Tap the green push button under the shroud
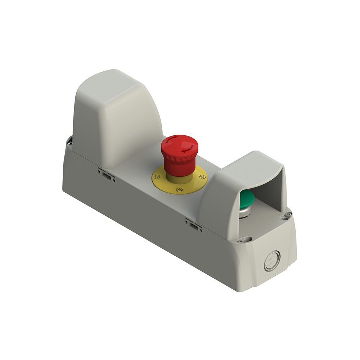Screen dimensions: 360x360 click(247, 198)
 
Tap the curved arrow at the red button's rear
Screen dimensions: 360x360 click(173, 140)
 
